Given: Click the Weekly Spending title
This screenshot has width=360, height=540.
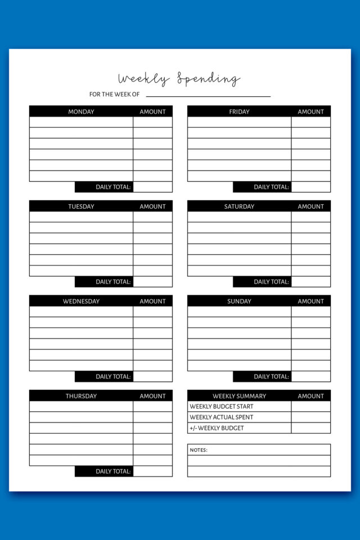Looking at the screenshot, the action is [179, 79].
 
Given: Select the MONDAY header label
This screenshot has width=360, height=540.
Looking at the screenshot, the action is [81, 111].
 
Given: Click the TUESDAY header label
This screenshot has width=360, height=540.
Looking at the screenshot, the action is [81, 206].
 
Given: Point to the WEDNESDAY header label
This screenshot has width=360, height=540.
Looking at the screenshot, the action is [81, 301].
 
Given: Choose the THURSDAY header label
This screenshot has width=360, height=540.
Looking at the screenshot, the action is [81, 396].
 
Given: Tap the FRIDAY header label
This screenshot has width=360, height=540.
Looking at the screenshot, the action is [239, 111].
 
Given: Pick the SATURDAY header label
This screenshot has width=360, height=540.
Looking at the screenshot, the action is [239, 206].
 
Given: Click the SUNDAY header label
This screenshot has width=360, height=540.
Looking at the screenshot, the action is [239, 301].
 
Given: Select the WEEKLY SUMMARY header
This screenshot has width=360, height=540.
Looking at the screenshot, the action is [239, 396].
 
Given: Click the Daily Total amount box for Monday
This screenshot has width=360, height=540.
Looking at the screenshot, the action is [152, 187].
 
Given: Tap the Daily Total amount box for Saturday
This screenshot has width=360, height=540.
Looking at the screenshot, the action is [310, 281].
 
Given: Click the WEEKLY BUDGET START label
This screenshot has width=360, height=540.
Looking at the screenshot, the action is [222, 406].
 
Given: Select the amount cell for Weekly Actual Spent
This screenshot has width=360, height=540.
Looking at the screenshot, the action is [310, 417].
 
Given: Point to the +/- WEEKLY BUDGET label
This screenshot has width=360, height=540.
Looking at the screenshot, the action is [217, 428].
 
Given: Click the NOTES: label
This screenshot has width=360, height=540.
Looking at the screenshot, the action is [199, 450].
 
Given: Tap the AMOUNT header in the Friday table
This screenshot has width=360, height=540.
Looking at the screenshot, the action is [310, 111].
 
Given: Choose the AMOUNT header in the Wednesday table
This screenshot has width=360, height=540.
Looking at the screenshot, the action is [152, 301].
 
